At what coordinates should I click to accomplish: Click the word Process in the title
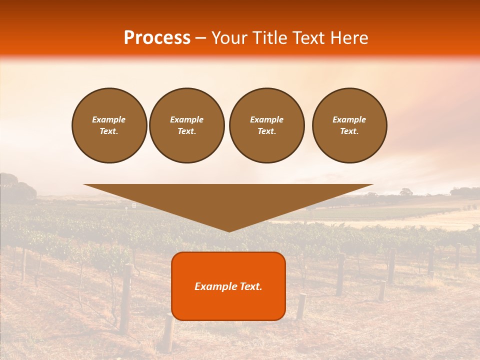(x=157, y=38)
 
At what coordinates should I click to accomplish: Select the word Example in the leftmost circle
(x=109, y=119)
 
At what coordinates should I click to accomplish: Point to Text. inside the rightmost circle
(x=349, y=131)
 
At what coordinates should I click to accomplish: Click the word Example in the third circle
(x=266, y=119)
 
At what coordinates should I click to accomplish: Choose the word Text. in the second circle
(x=187, y=131)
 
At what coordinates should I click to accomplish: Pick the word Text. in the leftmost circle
(x=109, y=131)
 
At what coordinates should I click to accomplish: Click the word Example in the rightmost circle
(x=349, y=119)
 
